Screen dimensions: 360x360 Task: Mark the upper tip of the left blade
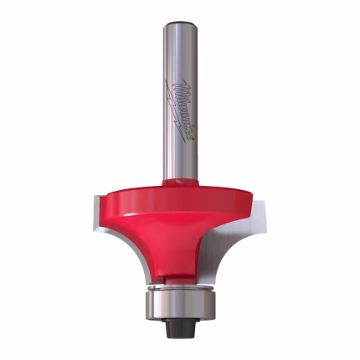pyautogui.click(x=90, y=194)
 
